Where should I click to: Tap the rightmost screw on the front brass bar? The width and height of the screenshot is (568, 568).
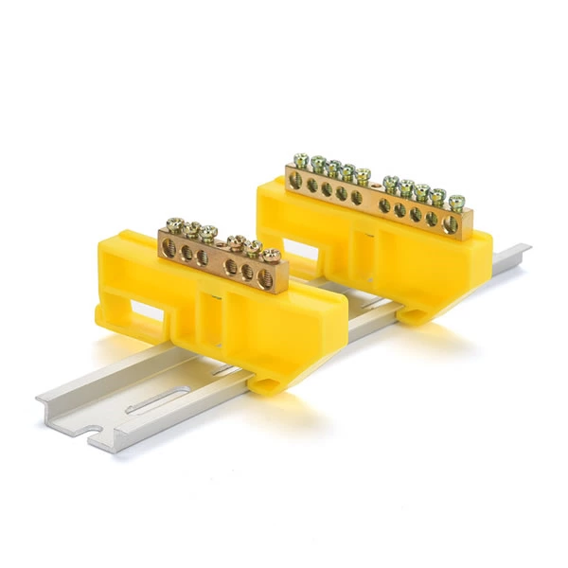coord(272,255)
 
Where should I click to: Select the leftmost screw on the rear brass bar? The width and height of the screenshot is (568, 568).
coord(302,160)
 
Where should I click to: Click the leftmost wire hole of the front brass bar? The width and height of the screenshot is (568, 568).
coord(169,247)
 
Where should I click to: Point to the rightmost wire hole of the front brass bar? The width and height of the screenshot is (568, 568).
coord(265,277)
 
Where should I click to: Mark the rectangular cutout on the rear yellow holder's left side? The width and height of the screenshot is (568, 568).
coord(298,248)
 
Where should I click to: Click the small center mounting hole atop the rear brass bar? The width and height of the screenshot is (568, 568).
coord(375,193)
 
